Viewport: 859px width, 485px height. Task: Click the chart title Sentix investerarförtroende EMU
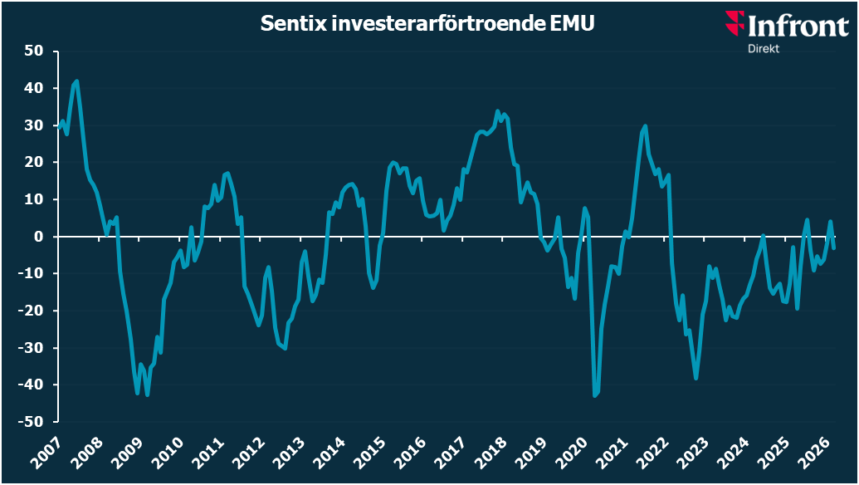point(428,24)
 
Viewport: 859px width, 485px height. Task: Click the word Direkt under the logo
point(763,48)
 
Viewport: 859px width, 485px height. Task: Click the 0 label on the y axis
point(38,237)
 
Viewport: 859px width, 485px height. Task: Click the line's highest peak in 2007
point(77,81)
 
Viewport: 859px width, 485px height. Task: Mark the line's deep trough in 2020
point(595,396)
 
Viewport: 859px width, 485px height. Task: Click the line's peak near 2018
point(498,111)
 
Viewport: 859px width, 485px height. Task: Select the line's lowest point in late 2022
point(695,379)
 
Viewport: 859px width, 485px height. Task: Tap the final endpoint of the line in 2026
point(833,248)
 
